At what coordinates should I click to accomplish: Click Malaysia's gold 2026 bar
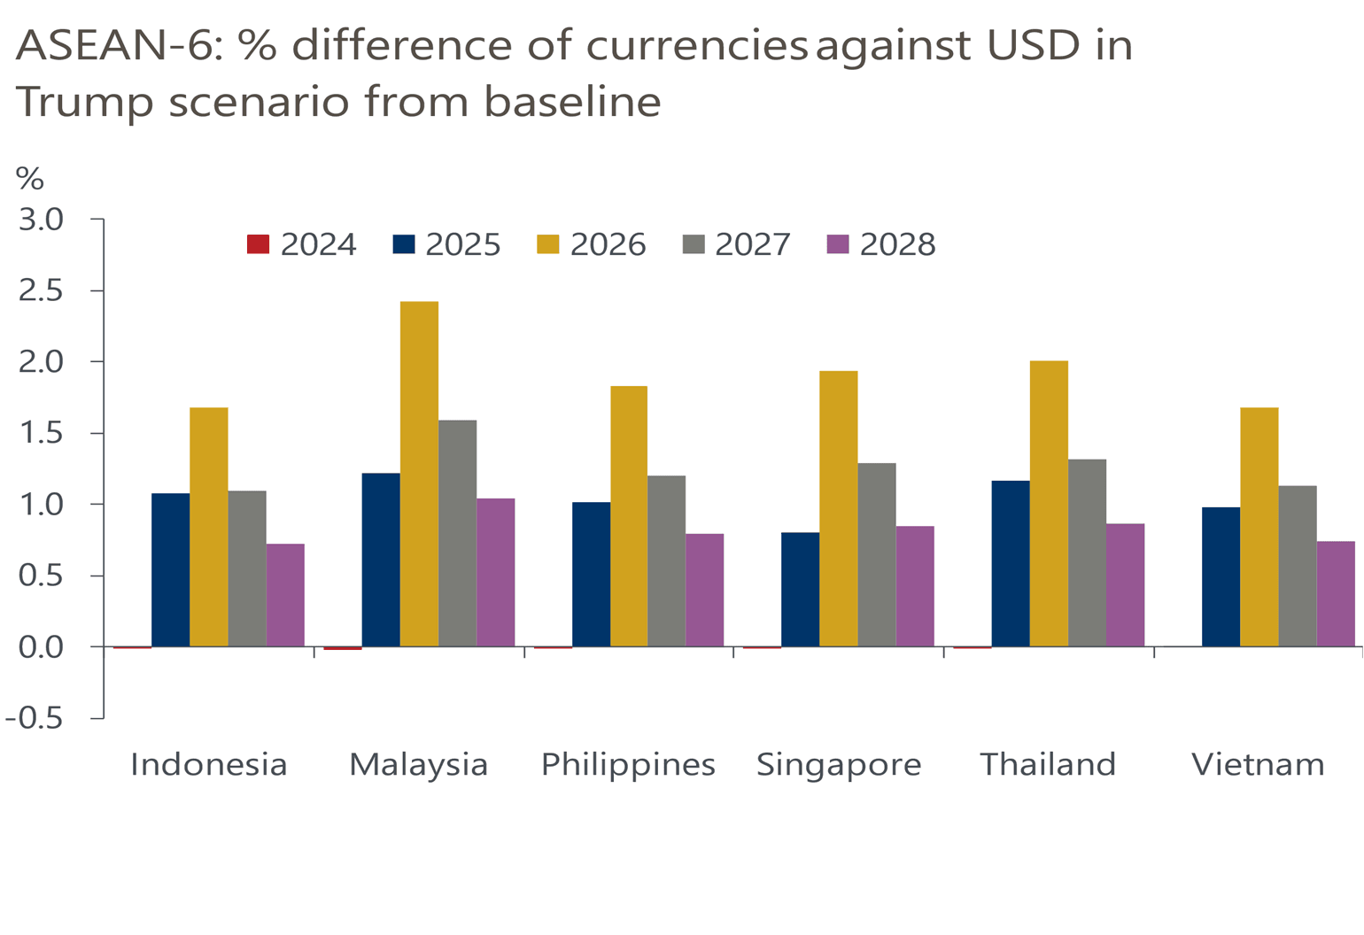[419, 474]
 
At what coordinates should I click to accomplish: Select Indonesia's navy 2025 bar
[170, 569]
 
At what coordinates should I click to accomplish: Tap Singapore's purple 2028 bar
[915, 586]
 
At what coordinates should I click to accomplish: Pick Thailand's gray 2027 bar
[1087, 552]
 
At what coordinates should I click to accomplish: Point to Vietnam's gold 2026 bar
[1259, 527]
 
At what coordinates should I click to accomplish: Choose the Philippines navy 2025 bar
[591, 574]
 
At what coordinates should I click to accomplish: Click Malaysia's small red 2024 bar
[343, 648]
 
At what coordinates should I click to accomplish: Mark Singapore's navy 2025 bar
[800, 589]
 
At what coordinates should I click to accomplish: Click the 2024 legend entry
[302, 244]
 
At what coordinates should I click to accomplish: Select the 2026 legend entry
[592, 244]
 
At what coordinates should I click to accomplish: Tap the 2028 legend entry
[881, 244]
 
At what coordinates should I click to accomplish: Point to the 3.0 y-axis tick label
[42, 220]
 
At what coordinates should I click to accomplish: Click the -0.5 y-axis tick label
[35, 718]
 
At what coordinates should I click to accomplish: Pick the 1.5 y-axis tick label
[42, 433]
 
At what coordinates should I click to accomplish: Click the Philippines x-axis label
[628, 764]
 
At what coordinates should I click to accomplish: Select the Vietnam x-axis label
[1258, 764]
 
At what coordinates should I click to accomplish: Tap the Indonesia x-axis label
[209, 764]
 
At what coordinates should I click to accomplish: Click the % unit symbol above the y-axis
[29, 180]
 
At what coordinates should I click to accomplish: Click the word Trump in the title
[84, 103]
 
